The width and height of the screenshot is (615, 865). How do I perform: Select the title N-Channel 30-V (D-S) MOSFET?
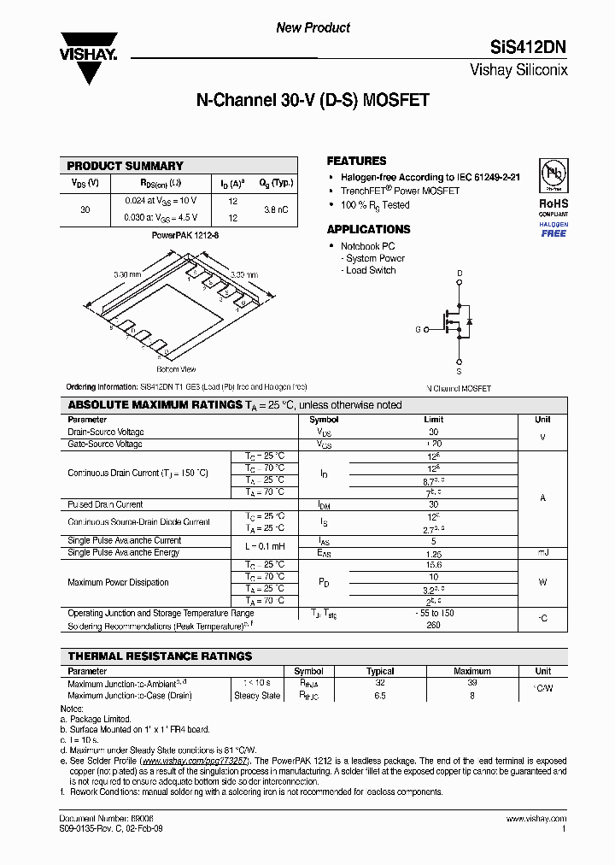coord(313,100)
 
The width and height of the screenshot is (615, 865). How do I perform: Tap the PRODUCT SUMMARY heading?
coord(125,166)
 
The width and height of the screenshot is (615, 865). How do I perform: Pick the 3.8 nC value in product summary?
coord(275,209)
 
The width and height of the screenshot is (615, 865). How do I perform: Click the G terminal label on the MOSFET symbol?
coord(418,328)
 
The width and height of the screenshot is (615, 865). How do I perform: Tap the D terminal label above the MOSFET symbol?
coord(460,274)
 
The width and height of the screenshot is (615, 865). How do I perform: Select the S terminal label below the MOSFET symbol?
coord(460,372)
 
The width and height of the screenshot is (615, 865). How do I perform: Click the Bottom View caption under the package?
coord(176,369)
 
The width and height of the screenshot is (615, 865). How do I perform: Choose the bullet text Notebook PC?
coord(368,246)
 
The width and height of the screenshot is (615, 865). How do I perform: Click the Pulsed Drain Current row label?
coord(105,504)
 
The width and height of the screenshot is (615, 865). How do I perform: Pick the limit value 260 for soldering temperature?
coord(433,625)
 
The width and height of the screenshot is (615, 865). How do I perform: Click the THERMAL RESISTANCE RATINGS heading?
coord(160,656)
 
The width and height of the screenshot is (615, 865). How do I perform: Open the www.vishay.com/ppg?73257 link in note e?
coord(194,760)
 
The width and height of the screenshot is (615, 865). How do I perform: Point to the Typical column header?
coord(380,671)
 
